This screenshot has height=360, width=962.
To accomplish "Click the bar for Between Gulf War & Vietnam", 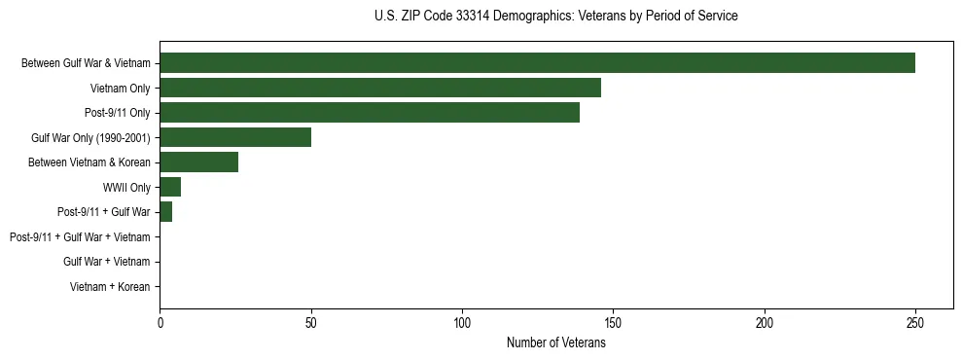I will (x=537, y=63).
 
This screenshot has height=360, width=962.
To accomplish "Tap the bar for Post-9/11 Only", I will (x=370, y=113).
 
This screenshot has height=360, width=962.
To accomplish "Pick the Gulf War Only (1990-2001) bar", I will (x=235, y=137).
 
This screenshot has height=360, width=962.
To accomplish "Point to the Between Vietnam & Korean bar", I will (x=199, y=162).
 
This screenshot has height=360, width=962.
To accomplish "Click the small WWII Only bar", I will (x=170, y=187).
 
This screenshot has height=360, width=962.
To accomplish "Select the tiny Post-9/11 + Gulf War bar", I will (x=166, y=212).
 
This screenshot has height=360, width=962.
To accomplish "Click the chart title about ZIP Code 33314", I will (x=555, y=17).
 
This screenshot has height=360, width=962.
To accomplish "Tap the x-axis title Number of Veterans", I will (x=555, y=342).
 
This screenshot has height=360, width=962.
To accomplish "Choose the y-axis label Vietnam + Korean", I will (x=110, y=287).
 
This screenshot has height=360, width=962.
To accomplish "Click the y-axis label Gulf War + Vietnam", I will (x=107, y=262).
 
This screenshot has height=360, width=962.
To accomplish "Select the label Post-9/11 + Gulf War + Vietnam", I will (x=80, y=237).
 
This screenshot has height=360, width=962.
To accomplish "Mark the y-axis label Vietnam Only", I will (x=120, y=89).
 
